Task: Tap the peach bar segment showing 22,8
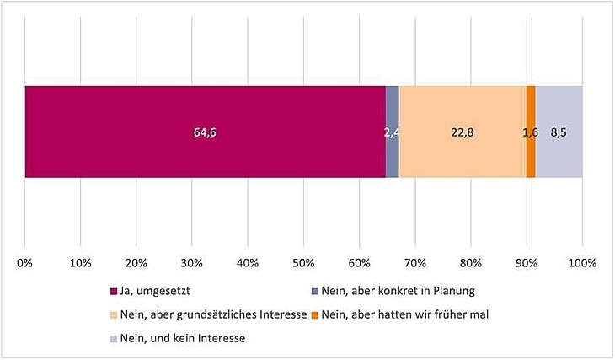[x=462, y=110]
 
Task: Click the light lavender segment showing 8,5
[x=559, y=110]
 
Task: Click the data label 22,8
[x=463, y=132]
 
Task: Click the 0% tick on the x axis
[x=25, y=263]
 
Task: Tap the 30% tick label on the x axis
[x=192, y=263]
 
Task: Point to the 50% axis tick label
[x=303, y=263]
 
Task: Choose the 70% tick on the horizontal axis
[x=415, y=263]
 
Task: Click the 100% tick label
[x=581, y=263]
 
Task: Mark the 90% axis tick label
[x=527, y=263]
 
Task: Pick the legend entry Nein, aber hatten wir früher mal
[x=407, y=314]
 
